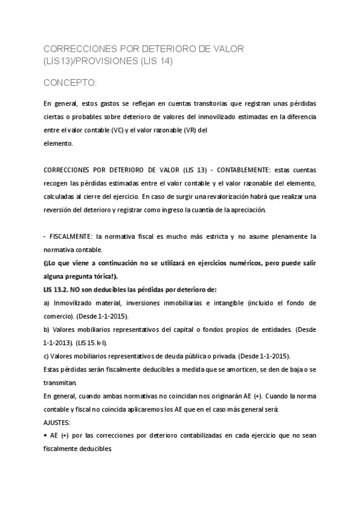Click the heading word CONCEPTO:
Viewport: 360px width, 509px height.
pos(70,82)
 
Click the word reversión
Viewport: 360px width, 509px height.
pos(59,209)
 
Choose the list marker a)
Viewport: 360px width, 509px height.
pos(47,303)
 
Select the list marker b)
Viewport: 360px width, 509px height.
pos(47,330)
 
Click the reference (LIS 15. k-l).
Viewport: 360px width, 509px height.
pos(91,343)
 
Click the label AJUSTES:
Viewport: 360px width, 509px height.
pos(58,422)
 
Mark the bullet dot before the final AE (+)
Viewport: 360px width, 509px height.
pos(46,435)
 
